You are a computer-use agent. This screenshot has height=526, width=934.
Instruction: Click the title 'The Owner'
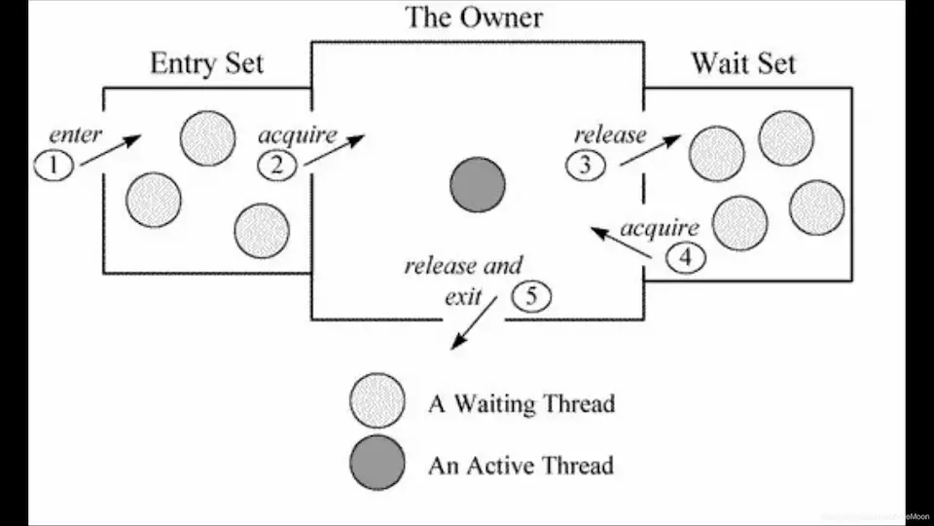coord(474,17)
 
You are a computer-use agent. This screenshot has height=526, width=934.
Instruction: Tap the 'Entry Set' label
coord(206,64)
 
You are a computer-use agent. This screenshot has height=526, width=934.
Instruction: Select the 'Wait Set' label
coord(743,64)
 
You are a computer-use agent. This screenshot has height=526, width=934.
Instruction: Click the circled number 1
coord(54,166)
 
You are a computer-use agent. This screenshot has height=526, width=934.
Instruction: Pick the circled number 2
coord(277,166)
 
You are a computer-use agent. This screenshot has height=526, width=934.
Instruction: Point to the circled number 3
coord(586,166)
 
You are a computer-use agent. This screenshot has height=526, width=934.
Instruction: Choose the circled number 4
coord(687,259)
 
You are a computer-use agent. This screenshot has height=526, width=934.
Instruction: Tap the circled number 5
coord(530,296)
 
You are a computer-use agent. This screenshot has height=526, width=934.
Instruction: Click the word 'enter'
coord(75,135)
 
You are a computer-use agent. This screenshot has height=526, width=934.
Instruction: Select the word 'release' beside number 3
coord(609,134)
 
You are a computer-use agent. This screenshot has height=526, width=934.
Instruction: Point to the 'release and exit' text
coord(463,280)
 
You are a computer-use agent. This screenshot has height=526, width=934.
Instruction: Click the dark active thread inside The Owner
coord(477,185)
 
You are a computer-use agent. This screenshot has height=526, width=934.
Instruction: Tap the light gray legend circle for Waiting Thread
coord(377,401)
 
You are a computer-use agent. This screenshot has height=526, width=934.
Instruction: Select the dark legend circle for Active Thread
coord(377,463)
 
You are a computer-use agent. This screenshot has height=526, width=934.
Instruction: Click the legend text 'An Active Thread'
coord(521,466)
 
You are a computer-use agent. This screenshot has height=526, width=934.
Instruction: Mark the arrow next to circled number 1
coord(111,150)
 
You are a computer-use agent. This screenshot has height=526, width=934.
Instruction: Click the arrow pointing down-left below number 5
coord(473,323)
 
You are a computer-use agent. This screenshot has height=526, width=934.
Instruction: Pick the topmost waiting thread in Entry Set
coord(207,138)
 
